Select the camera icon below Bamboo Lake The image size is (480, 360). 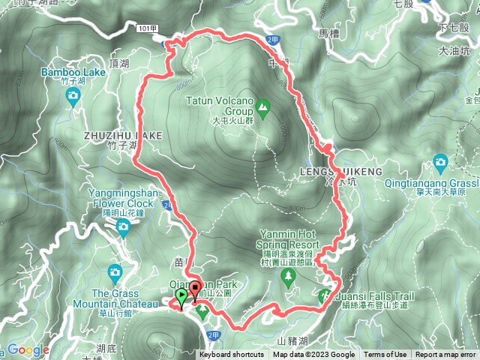(73, 95)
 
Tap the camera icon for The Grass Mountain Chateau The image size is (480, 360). (115, 271)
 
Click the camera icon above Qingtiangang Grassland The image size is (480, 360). (440, 162)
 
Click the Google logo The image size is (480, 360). (28, 350)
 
